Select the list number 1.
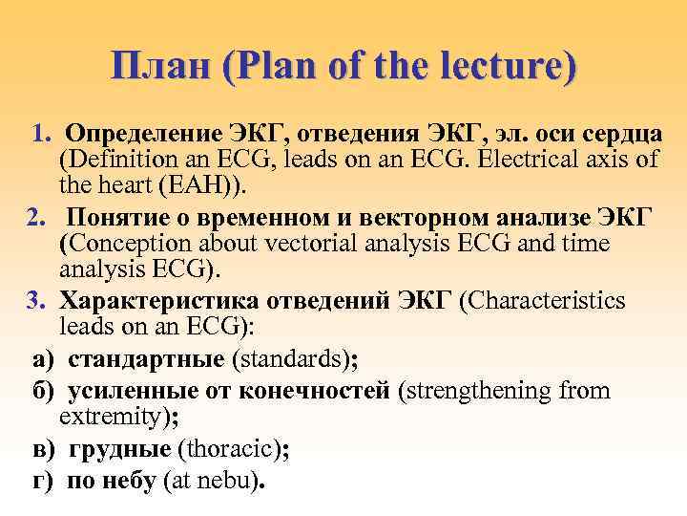[38, 130]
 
